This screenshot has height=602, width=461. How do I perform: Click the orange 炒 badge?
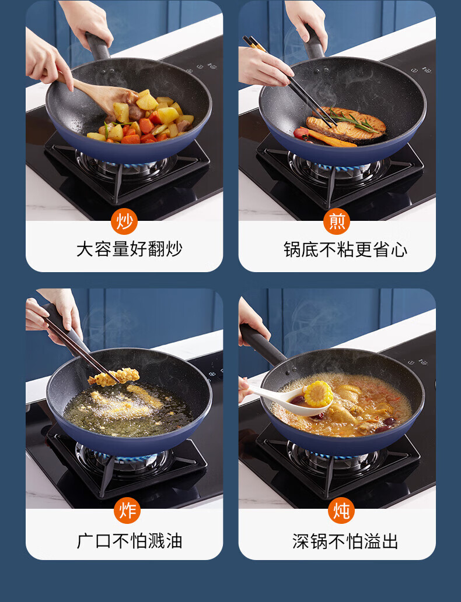124,221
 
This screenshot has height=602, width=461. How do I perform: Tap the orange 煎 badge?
337,221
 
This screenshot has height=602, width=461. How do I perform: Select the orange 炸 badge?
127,511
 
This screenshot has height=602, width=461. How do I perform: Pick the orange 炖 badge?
341,511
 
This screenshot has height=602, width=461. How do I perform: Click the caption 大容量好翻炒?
130,249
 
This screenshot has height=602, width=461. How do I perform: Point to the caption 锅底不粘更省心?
345,249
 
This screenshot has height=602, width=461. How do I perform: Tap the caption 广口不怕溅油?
130,541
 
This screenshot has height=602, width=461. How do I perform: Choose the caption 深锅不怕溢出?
345,541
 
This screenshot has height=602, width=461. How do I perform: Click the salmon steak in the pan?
346,124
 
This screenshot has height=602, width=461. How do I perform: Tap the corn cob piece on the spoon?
318,394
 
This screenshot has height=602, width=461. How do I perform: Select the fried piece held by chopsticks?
114,376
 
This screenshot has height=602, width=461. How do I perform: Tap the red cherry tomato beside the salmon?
301,133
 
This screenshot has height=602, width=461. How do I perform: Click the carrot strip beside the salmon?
331,139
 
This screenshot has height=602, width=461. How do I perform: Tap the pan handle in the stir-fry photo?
98,47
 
